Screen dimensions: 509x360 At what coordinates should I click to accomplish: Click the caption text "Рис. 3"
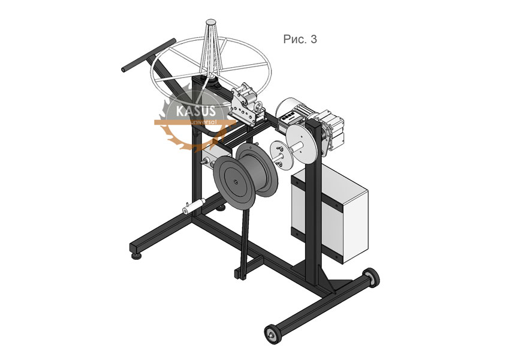click(300, 40)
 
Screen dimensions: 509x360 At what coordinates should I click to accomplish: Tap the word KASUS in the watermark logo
click(195, 111)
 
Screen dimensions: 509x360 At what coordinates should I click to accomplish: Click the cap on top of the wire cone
click(210, 22)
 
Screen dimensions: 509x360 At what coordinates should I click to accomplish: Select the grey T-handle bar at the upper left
click(148, 55)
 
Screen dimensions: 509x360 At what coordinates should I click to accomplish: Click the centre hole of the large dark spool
click(234, 181)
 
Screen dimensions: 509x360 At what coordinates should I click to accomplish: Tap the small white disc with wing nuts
click(279, 155)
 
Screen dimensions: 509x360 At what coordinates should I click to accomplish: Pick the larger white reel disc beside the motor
click(301, 142)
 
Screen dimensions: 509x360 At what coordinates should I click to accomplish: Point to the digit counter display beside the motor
click(288, 117)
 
